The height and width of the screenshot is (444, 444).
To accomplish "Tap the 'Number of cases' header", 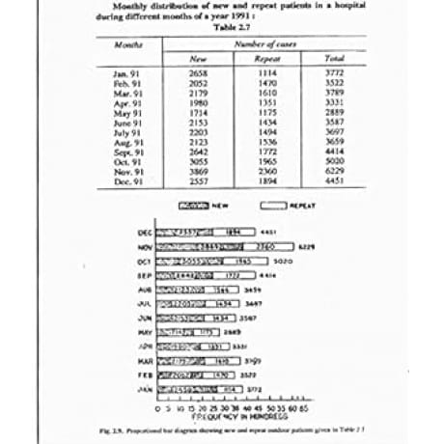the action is [x=264, y=44].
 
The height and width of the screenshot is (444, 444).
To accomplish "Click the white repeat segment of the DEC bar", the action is [x=235, y=233].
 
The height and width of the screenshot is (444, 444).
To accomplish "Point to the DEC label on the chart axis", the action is [x=146, y=233].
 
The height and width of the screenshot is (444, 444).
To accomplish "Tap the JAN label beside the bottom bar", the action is [x=146, y=389].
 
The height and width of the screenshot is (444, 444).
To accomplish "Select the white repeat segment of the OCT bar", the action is [x=242, y=262].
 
